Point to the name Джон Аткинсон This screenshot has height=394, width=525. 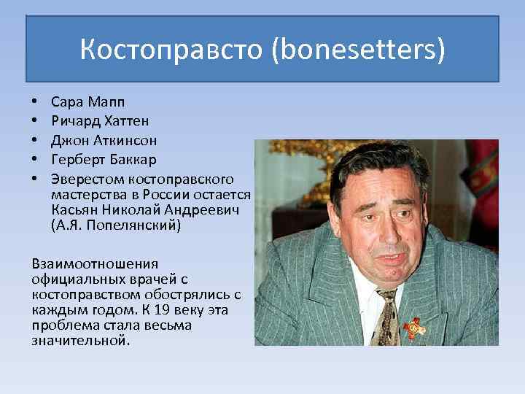(x=104, y=139)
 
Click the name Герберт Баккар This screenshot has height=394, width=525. (x=104, y=159)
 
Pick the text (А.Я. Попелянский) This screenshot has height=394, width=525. (x=116, y=225)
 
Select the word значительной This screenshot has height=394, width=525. (x=80, y=340)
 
